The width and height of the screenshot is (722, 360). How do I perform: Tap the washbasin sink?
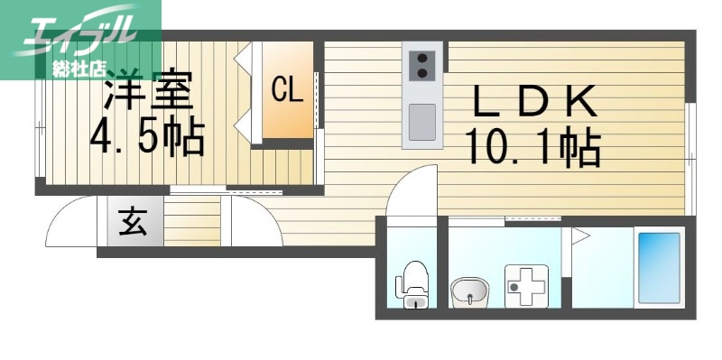469,291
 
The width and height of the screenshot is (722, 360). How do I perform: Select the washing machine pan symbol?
526,286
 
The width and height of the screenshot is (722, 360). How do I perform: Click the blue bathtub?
660,268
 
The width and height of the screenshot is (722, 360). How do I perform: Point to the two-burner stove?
421,65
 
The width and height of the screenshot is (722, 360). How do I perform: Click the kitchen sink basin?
421,122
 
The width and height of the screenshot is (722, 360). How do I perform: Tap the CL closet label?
287,89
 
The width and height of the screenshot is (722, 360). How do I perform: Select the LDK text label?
534,101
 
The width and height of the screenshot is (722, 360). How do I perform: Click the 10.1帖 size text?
533,147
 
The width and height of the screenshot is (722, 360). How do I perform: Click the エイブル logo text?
80,32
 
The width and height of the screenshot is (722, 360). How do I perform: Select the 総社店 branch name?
79,69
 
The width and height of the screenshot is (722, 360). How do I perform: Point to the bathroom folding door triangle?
580,236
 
